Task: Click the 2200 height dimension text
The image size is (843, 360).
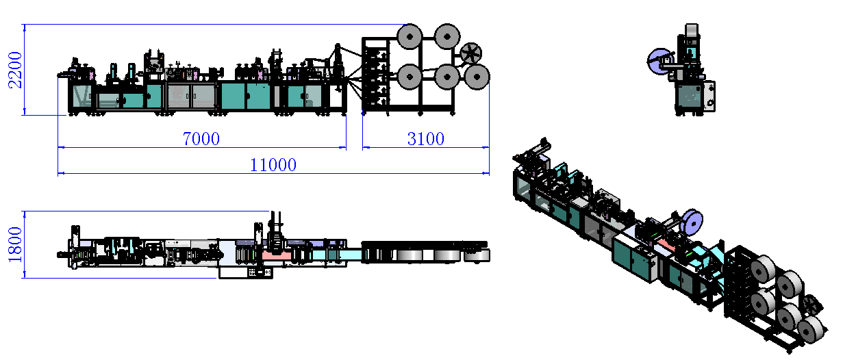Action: pyautogui.click(x=15, y=70)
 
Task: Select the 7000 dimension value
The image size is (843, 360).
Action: pyautogui.click(x=201, y=139)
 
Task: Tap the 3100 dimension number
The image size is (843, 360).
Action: pyautogui.click(x=425, y=139)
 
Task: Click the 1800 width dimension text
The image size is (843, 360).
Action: pyautogui.click(x=15, y=244)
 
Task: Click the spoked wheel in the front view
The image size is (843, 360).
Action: pyautogui.click(x=472, y=53)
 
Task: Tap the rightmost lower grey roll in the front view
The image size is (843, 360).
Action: pyautogui.click(x=475, y=77)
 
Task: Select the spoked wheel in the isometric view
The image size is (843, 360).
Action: pyautogui.click(x=811, y=306)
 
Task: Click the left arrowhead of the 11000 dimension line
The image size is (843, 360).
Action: pyautogui.click(x=60, y=173)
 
